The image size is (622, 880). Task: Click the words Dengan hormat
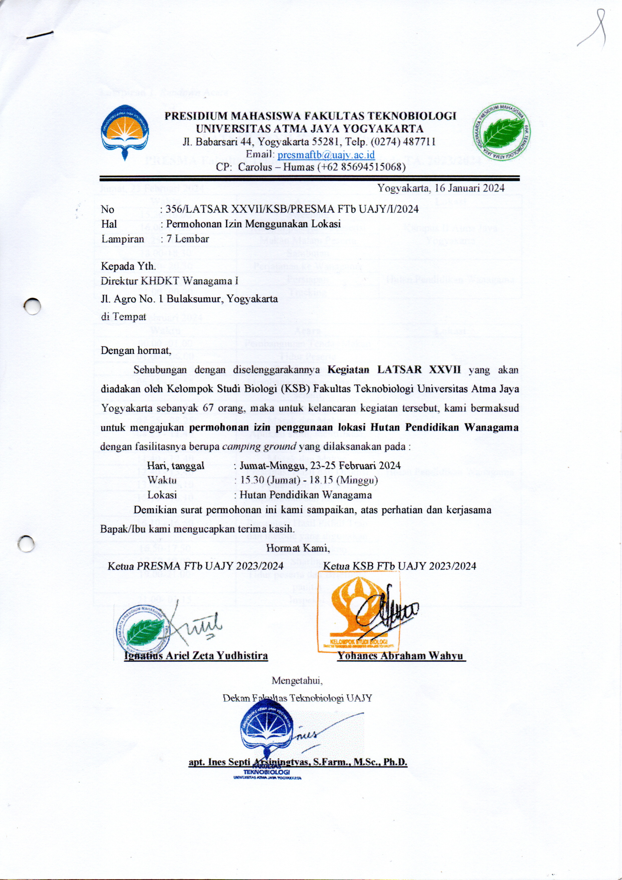(x=135, y=350)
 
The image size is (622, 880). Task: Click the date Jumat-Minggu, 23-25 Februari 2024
(x=320, y=465)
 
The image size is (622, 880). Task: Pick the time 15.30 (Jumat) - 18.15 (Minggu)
(x=309, y=480)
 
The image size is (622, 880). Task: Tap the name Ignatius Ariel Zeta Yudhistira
(x=196, y=655)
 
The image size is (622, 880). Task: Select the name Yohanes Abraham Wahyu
(x=401, y=655)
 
